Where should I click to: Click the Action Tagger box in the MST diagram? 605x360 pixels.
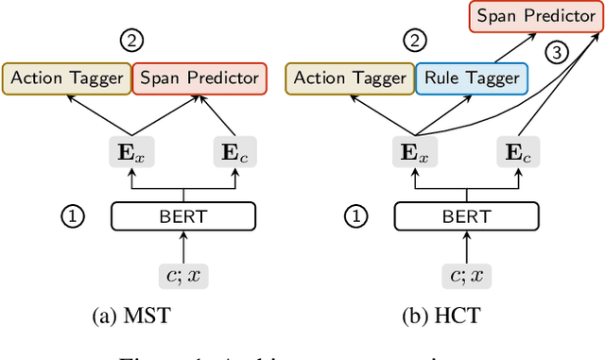point(66,77)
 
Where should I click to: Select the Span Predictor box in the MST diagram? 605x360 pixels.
point(199,77)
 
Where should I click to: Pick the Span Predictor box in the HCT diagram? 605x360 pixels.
point(535,16)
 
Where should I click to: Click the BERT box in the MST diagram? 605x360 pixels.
point(183,216)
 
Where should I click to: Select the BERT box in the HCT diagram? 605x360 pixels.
point(466,216)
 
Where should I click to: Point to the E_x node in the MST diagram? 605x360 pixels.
point(129,151)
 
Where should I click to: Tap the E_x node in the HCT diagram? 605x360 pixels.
point(412,151)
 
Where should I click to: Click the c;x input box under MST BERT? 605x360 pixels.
point(183,275)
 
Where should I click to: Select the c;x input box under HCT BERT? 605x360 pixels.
point(466,275)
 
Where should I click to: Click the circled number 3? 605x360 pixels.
point(558,53)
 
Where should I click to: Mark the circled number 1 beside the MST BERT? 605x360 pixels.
point(73,216)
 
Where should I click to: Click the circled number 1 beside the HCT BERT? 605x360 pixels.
point(355,216)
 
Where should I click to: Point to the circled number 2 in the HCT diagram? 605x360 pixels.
point(413,42)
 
